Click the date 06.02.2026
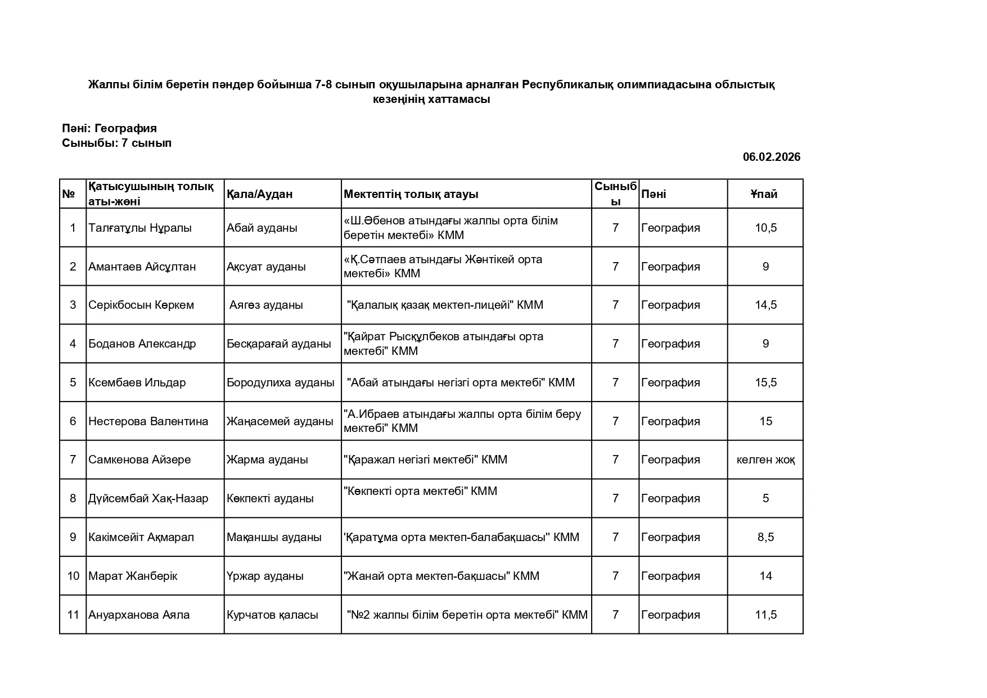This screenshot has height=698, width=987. [x=771, y=157]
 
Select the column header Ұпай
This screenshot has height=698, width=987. [x=764, y=194]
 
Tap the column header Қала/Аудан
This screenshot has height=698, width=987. [x=259, y=194]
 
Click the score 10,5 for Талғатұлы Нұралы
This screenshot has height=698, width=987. [x=765, y=228]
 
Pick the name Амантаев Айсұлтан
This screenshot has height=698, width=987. [x=142, y=267]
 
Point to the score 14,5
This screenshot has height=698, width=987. [x=765, y=305]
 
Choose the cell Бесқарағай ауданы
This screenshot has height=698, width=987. [x=278, y=344]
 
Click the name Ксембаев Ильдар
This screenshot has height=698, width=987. [x=137, y=382]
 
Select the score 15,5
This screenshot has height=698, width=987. [x=765, y=382]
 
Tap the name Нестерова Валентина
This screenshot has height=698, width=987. [x=148, y=421]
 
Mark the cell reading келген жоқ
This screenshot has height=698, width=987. [x=765, y=460]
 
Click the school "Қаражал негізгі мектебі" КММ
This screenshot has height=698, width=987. [x=425, y=460]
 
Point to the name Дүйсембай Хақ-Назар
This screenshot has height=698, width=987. [x=148, y=498]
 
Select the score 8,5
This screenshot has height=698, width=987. [x=765, y=537]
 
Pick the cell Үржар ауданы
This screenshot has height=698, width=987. [x=265, y=576]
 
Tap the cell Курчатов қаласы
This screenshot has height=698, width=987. [x=272, y=615]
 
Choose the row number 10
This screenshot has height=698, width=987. [x=73, y=576]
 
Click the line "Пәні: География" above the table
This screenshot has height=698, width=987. [x=109, y=128]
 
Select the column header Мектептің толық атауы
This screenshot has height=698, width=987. [x=411, y=194]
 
